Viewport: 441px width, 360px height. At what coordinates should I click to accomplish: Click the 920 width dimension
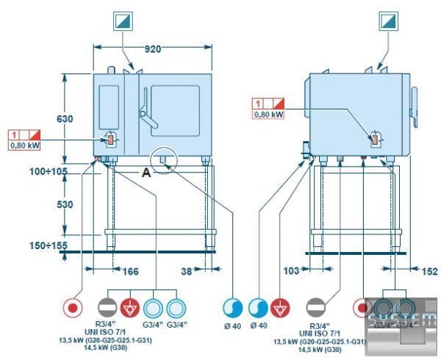click(x=152, y=49)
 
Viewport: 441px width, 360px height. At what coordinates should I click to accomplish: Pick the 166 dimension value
click(x=129, y=272)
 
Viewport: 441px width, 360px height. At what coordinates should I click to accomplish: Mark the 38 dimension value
click(x=187, y=272)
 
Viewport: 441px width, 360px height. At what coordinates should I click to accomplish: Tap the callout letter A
click(x=146, y=173)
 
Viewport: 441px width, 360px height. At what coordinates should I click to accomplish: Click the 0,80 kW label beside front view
click(x=24, y=145)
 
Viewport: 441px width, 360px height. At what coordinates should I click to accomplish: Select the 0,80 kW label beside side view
click(x=268, y=114)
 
